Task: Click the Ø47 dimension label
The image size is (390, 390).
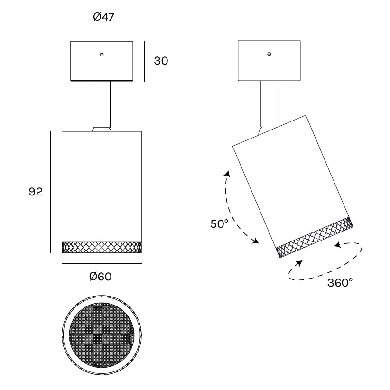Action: (103, 17)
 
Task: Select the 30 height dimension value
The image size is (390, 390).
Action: (161, 61)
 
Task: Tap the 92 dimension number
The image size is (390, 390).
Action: (36, 192)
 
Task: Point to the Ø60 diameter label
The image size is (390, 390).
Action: (101, 276)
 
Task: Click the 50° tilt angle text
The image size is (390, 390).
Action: (219, 224)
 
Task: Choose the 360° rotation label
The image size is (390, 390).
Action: (340, 283)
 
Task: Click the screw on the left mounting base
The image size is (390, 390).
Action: (102, 55)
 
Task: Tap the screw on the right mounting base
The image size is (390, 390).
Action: (269, 54)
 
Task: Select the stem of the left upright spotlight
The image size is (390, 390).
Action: (102, 104)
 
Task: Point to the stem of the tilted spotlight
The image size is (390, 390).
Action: (269, 104)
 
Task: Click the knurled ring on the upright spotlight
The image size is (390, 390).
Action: (102, 247)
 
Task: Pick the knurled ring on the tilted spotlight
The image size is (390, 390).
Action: (315, 237)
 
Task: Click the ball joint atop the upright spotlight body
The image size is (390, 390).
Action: (102, 129)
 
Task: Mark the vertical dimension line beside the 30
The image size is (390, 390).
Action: (144, 61)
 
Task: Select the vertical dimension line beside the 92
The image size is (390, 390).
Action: (50, 192)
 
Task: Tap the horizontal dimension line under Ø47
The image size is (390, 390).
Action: (102, 30)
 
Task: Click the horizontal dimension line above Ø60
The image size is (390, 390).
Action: (102, 263)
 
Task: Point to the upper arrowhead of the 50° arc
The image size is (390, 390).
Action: (227, 174)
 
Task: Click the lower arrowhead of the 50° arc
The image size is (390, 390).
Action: (255, 241)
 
